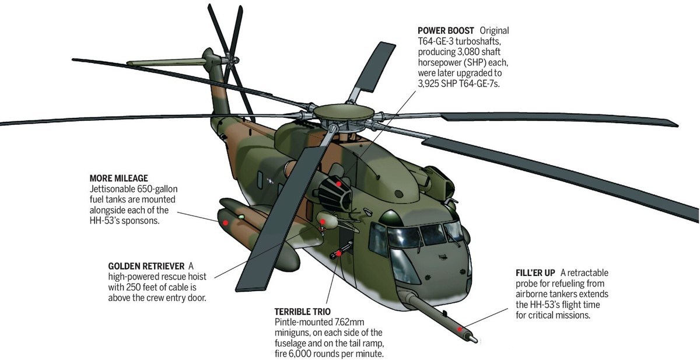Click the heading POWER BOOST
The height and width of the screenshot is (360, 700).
point(445,30)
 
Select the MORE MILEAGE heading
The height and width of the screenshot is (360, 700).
point(118,178)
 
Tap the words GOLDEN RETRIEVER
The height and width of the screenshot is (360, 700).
point(146,265)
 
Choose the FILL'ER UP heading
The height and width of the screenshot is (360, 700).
point(535,272)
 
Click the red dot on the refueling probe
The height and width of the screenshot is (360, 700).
point(461,330)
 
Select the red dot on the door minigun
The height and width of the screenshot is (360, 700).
point(337,253)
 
